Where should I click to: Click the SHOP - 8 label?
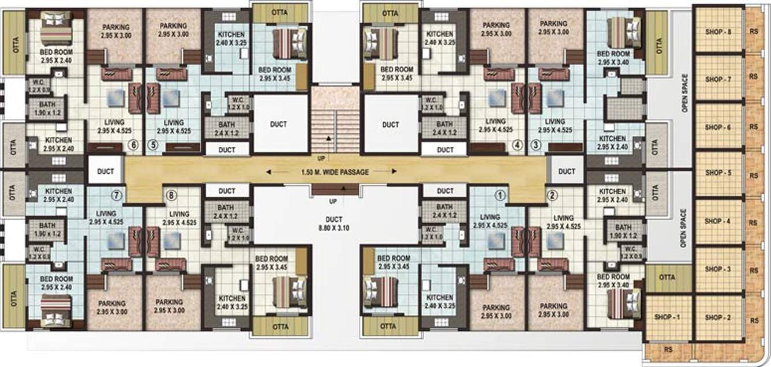coord(718,31)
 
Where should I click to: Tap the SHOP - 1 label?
coord(668,317)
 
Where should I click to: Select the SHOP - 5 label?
coord(718,173)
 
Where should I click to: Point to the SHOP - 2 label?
coord(718,317)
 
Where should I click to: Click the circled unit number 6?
coord(133,145)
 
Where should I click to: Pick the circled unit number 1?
coord(500,195)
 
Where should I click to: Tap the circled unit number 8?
coord(170,195)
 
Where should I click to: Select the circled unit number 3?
coord(536,145)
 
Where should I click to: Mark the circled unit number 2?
coord(552,195)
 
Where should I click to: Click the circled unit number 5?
coord(152,145)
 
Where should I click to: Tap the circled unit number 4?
coord(518,145)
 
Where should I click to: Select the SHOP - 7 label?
coord(718,78)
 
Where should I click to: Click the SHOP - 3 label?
coord(718,269)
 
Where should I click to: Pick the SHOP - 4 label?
coord(718,221)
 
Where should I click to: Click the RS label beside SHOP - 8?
coord(753,31)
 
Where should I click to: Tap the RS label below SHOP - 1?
coord(668,349)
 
